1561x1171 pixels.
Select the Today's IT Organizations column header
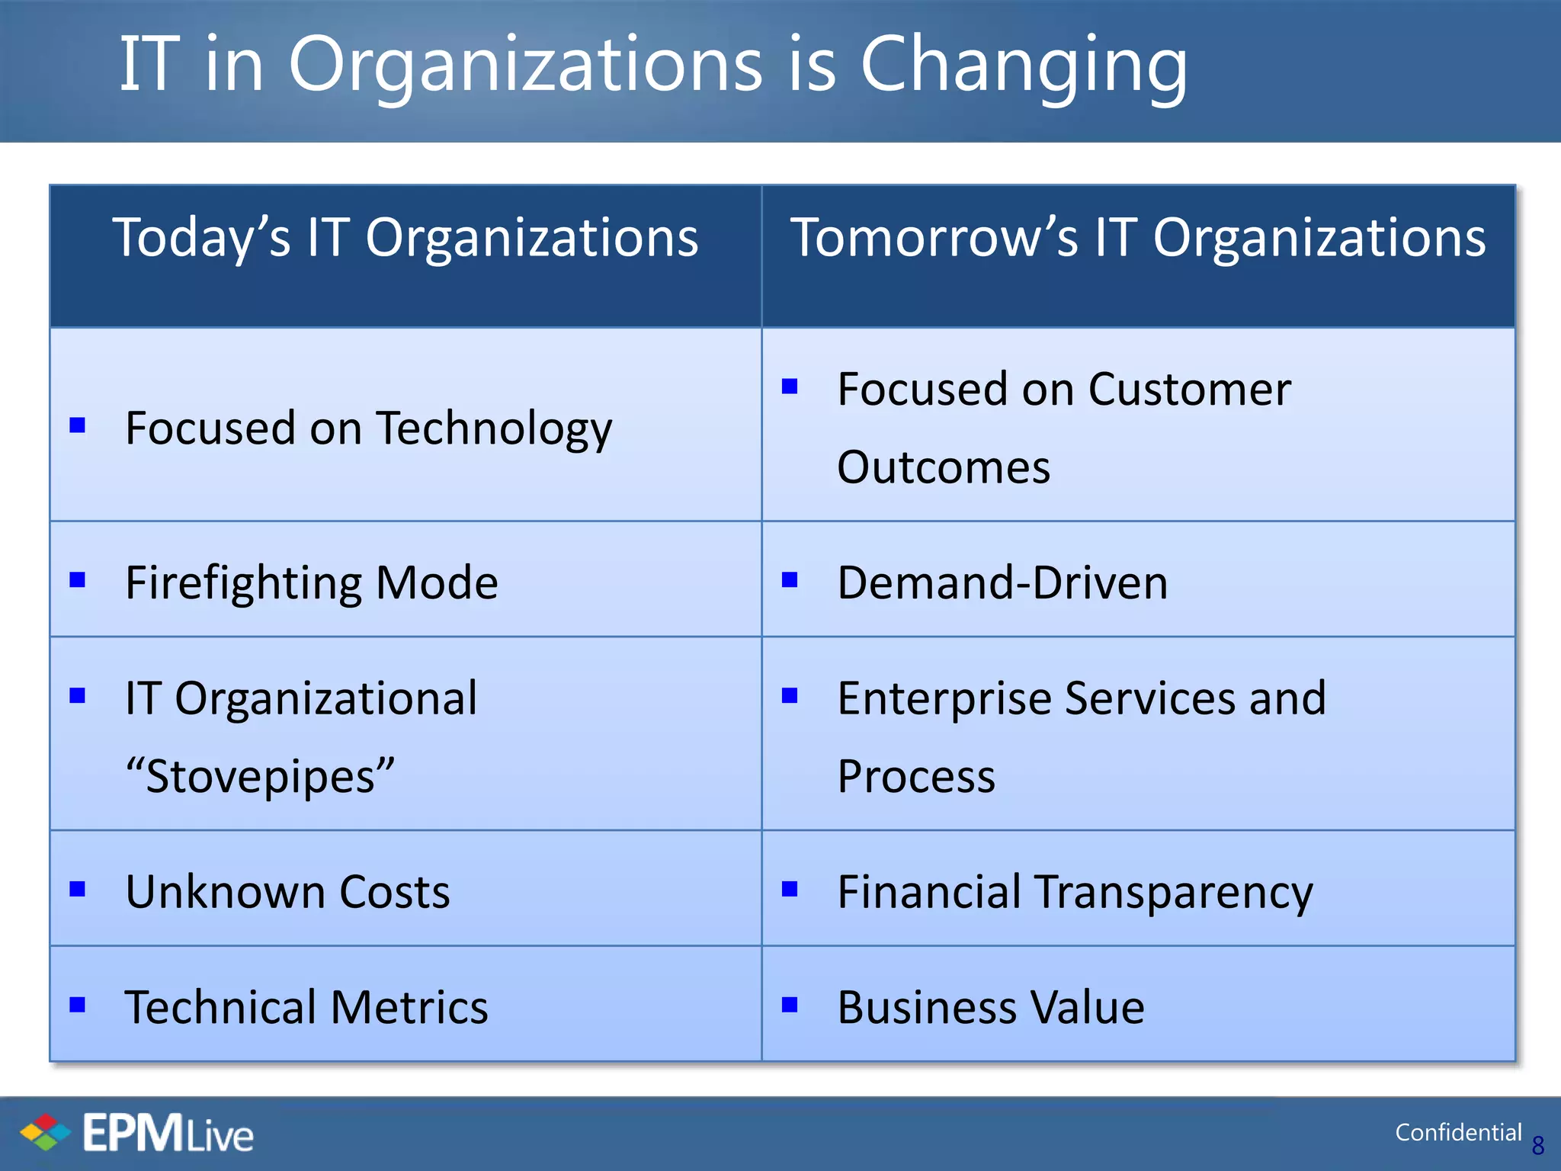[405, 238]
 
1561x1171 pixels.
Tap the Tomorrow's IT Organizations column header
[1137, 238]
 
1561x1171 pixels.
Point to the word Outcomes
[944, 467]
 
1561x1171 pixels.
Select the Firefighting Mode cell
[311, 583]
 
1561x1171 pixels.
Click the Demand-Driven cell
[1002, 583]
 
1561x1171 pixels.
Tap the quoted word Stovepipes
[260, 777]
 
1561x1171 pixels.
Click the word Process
[915, 777]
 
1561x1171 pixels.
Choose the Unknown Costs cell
[287, 892]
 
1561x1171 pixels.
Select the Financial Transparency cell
[1075, 892]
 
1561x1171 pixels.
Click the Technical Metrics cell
[306, 1007]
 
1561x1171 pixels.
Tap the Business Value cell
[990, 1007]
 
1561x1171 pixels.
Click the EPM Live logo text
[168, 1134]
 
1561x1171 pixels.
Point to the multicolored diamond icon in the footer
[45, 1132]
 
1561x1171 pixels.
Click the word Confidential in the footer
[1457, 1133]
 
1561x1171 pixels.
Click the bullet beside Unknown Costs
[77, 889]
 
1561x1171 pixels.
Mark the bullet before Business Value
[790, 1005]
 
